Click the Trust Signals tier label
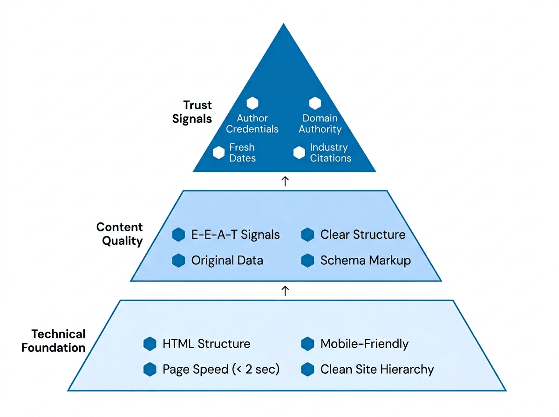point(192,112)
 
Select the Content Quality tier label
point(119,234)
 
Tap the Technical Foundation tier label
point(54,341)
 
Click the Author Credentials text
point(252,124)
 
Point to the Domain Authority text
point(320,124)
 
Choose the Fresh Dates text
point(242,153)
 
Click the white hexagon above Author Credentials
point(252,103)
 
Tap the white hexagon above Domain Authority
point(315,103)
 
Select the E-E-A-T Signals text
point(235,235)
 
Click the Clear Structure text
point(362,235)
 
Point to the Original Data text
point(227,260)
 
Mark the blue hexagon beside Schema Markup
point(307,260)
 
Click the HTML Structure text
point(206,344)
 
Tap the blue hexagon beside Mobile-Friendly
point(307,344)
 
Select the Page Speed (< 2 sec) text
point(221,369)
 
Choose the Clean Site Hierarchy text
point(377,369)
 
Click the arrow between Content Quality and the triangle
point(286,181)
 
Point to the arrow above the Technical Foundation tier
point(286,291)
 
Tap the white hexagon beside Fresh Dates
point(218,153)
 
